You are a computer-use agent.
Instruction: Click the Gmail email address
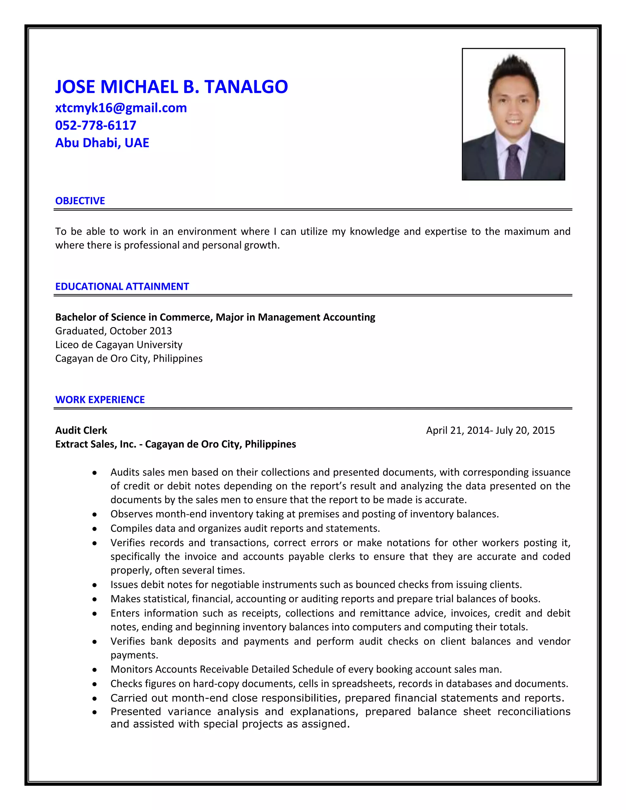[121, 108]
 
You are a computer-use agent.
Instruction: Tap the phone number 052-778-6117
[96, 125]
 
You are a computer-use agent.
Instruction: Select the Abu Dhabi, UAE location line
[102, 143]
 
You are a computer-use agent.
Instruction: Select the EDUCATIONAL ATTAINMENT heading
[122, 286]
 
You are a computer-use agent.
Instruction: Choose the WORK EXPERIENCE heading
[100, 399]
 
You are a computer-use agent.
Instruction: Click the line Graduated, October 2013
[113, 331]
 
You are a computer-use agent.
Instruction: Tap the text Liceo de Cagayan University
[119, 344]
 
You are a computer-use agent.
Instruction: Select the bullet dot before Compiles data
[95, 529]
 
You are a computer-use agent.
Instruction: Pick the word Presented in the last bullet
[135, 711]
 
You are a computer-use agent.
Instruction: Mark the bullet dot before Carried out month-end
[95, 698]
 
